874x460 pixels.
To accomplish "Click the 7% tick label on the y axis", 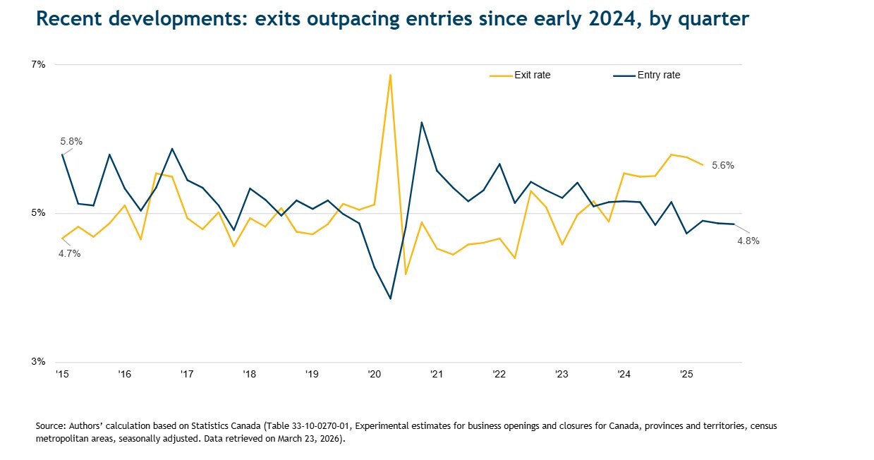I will click(x=39, y=65).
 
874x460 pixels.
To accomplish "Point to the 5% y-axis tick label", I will click(x=39, y=213).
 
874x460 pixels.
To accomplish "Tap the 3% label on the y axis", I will click(x=39, y=362).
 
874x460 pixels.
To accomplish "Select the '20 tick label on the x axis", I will click(x=374, y=374).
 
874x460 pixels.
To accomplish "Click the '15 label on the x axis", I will click(x=62, y=374).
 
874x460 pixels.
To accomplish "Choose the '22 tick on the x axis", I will click(x=499, y=374).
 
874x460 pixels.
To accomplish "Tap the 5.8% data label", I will click(x=71, y=141).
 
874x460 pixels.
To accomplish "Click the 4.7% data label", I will click(x=69, y=254).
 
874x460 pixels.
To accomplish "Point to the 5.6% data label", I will click(x=722, y=166).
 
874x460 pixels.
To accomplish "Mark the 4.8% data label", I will click(x=748, y=241).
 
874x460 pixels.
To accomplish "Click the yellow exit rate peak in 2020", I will click(x=390, y=75).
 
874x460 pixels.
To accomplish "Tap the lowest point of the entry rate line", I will click(x=390, y=298).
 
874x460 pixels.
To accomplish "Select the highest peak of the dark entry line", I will click(x=421, y=123).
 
